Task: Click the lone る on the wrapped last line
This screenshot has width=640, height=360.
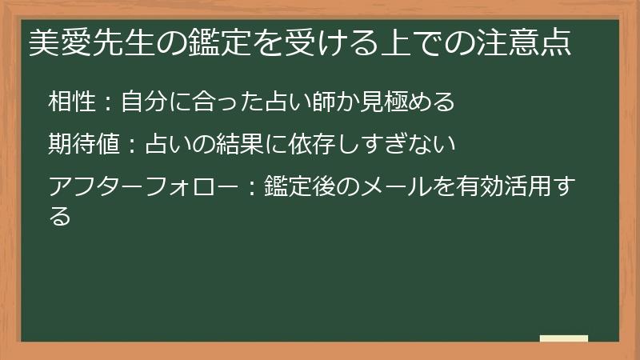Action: (x=60, y=215)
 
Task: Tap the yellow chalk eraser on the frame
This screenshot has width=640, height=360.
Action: (x=564, y=339)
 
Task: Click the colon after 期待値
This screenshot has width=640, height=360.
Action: (x=132, y=146)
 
